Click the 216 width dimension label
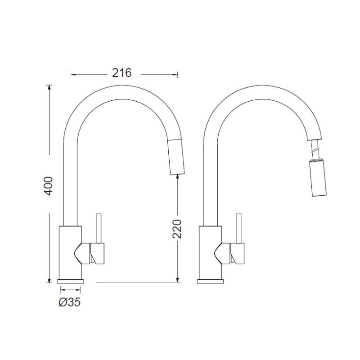click(122, 73)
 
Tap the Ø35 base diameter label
click(70, 302)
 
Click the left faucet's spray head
click(176, 156)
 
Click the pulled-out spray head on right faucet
click(318, 178)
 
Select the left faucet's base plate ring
click(72, 281)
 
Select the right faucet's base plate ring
click(211, 281)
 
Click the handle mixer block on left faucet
click(98, 253)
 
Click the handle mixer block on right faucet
click(237, 253)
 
